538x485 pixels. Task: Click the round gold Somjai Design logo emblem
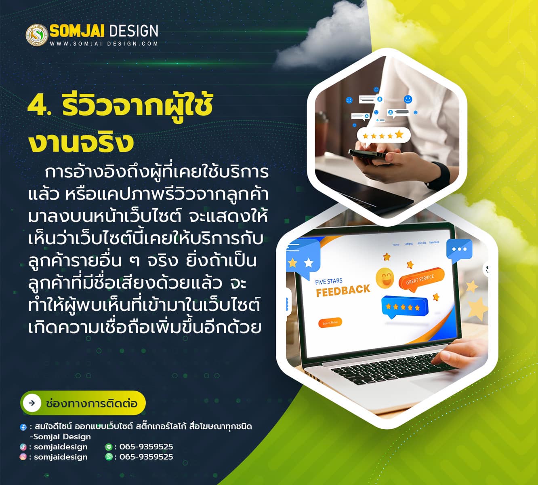click(37, 35)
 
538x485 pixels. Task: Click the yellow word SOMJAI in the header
click(77, 31)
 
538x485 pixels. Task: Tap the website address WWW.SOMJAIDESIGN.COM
click(104, 44)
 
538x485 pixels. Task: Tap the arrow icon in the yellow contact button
click(32, 403)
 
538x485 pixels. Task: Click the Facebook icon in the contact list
click(23, 427)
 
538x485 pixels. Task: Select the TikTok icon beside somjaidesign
click(23, 447)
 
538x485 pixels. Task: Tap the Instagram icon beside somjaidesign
click(23, 457)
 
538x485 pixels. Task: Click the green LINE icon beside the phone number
click(109, 447)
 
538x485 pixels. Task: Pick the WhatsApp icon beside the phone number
click(109, 457)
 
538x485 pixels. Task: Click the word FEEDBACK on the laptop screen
click(343, 291)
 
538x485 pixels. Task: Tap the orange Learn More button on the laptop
click(330, 323)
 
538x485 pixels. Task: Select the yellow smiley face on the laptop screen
click(385, 278)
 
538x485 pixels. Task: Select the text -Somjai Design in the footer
click(60, 437)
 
